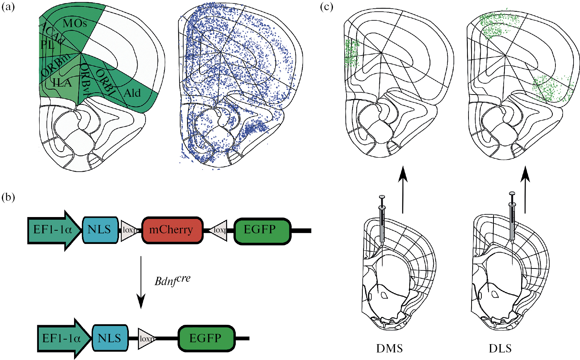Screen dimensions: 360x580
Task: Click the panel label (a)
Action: pos(8,7)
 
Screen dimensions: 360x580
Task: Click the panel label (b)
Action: pos(8,197)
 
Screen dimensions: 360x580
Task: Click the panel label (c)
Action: pos(326,7)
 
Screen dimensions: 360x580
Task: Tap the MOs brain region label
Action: pos(75,23)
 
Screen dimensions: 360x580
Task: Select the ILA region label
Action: pos(62,82)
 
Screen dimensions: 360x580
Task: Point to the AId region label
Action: pos(132,93)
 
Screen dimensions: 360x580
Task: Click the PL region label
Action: pos(48,45)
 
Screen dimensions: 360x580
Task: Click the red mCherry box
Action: pos(172,230)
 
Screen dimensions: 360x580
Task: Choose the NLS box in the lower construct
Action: pos(110,338)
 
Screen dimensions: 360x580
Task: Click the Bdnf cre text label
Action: pos(172,281)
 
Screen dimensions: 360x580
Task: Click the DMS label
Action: pos(389,348)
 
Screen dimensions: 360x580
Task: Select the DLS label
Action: pos(500,348)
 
